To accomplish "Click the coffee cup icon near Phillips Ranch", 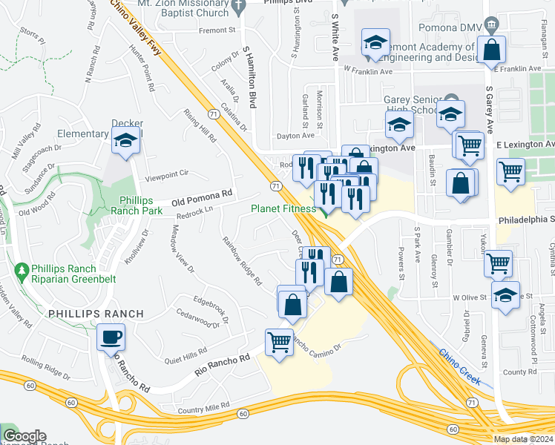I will point(111,337).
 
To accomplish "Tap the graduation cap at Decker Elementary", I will point(126,140).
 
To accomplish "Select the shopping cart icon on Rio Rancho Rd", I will point(279,343).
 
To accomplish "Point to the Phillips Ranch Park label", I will point(131,205).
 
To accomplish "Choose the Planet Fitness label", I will point(283,209).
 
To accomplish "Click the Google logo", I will point(24,436).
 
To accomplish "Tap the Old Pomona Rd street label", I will point(202,198).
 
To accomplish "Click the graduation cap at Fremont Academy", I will point(375,44).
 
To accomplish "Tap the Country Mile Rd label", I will point(206,409).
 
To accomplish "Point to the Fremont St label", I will point(216,30).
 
